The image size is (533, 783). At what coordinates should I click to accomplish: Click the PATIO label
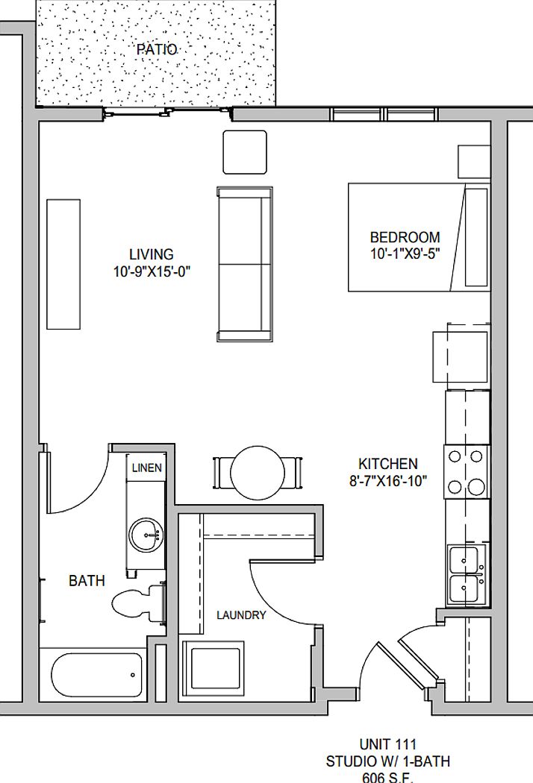pos(157,50)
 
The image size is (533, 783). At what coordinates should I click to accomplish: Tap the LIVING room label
pos(151,254)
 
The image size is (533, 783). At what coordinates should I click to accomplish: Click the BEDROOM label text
pos(405,238)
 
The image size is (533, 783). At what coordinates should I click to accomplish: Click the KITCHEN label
pos(387,464)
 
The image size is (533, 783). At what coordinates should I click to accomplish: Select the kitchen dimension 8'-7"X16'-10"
pos(387,481)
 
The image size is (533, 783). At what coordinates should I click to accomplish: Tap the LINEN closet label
pos(146,468)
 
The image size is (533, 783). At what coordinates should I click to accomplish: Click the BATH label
pos(87,580)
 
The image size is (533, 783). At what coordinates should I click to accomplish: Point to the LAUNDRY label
pos(241,615)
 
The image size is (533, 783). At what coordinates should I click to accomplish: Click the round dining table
pos(258,472)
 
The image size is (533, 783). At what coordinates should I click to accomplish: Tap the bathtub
pos(97,676)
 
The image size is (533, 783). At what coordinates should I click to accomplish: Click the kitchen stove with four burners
pos(467,472)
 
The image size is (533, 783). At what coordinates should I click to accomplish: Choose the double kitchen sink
pos(467,574)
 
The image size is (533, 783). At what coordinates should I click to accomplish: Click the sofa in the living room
pos(244,264)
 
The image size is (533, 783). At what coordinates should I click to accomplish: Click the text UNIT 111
pos(387,744)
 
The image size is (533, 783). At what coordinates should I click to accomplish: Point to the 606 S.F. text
pos(387,777)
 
